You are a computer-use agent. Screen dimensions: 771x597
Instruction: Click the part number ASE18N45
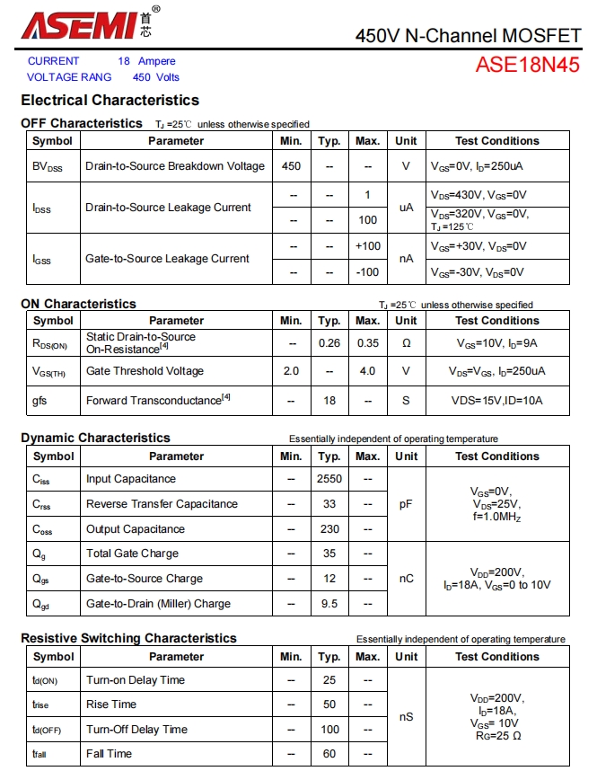tap(527, 65)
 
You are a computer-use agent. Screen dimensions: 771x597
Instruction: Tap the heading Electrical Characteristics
tap(110, 100)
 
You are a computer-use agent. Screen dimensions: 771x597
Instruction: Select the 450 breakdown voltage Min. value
tap(291, 166)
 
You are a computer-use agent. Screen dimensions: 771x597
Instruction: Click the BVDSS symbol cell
tap(48, 166)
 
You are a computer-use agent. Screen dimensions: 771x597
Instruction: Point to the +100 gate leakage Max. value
tap(367, 246)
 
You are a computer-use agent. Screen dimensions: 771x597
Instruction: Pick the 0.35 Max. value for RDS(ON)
tap(367, 342)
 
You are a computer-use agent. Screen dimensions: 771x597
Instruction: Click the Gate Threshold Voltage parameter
tap(145, 371)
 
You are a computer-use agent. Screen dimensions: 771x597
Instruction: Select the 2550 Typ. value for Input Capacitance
tap(329, 479)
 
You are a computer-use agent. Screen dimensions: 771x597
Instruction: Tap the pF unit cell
tap(406, 504)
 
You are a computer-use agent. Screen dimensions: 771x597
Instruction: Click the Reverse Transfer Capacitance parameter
tap(162, 504)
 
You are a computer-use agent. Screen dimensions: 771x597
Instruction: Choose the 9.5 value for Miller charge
tap(329, 604)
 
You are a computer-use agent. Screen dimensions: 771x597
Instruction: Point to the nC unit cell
tap(406, 579)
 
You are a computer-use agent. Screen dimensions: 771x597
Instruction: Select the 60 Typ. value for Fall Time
tap(329, 754)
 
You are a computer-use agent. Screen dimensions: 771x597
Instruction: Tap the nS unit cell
tap(406, 717)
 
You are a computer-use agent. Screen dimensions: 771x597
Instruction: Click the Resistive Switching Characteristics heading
tap(128, 638)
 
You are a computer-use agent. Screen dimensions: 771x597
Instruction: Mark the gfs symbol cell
tap(40, 401)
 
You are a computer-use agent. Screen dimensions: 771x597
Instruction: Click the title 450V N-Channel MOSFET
tap(468, 36)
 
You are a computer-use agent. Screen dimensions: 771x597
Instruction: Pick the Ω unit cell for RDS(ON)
tap(406, 342)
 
